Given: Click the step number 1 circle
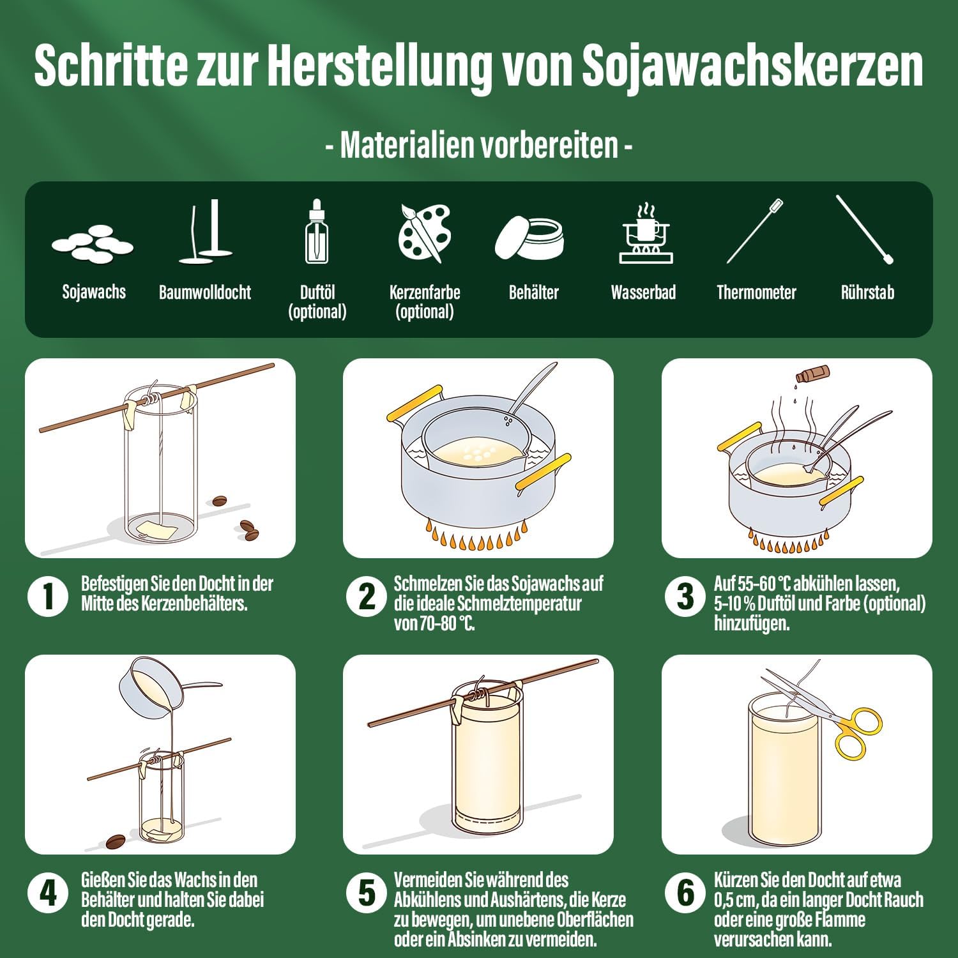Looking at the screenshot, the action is pyautogui.click(x=48, y=597).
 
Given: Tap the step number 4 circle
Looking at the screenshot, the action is pyautogui.click(x=48, y=893).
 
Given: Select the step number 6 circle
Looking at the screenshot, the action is pyautogui.click(x=685, y=893).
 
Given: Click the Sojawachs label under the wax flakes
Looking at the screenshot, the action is pyautogui.click(x=94, y=292).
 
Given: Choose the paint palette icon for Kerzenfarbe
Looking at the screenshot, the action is pyautogui.click(x=425, y=232).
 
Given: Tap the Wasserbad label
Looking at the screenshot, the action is pyautogui.click(x=643, y=293).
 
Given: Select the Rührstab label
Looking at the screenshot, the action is pyautogui.click(x=867, y=293).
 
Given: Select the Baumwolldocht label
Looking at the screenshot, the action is pyautogui.click(x=205, y=293).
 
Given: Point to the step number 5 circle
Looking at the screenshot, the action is pyautogui.click(x=367, y=893).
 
